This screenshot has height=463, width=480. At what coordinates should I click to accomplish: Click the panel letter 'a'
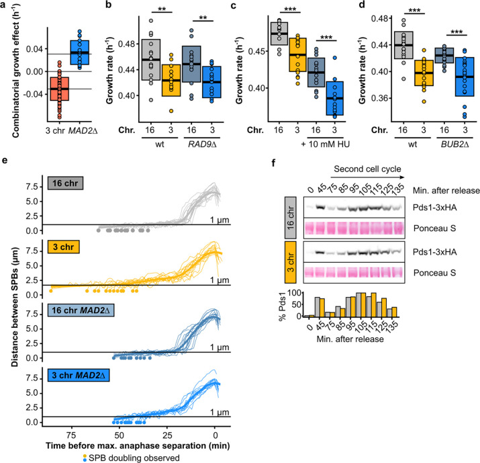click(x=6, y=7)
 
